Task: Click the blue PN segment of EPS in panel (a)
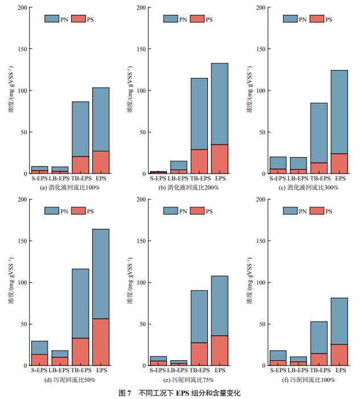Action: (101, 119)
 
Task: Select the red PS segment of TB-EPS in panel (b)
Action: (199, 162)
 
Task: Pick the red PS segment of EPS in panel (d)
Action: (101, 342)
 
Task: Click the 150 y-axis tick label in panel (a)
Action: (22, 50)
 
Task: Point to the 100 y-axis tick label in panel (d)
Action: (22, 283)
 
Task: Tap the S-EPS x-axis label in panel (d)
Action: (40, 371)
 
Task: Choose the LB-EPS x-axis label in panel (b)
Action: (178, 179)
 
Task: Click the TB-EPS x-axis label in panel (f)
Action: (318, 371)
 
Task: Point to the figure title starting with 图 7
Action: (180, 392)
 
